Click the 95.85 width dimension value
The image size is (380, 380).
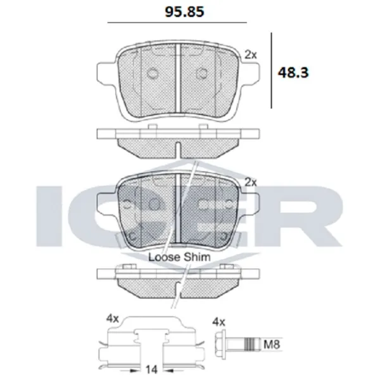(184, 11)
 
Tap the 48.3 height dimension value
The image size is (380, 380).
(293, 72)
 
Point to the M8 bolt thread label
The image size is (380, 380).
(272, 345)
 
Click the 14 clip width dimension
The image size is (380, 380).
(151, 370)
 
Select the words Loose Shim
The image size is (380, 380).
(179, 257)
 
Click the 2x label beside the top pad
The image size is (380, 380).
(251, 55)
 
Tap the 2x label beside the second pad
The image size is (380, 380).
(251, 182)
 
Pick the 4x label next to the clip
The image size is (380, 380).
(113, 319)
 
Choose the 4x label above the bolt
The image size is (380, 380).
(218, 322)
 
